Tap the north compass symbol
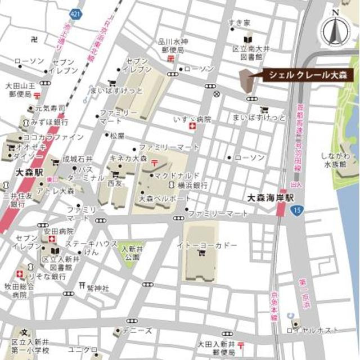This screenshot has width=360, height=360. [x=336, y=29]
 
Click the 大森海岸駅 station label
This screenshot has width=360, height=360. [x=271, y=198]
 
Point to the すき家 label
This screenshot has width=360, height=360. [x=239, y=22]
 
